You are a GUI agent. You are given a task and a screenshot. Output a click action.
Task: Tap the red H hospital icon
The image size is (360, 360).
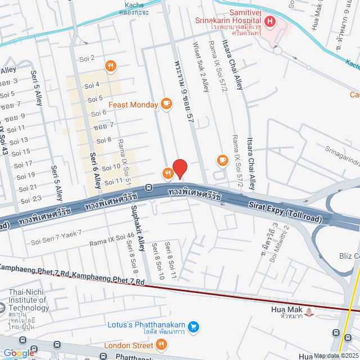point(270,22)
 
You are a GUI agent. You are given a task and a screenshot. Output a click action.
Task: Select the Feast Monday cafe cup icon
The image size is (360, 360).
point(166,103)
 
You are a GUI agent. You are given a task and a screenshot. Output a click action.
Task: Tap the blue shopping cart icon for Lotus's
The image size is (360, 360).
point(193,326)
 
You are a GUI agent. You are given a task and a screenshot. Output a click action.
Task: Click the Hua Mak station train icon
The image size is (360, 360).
point(310,310)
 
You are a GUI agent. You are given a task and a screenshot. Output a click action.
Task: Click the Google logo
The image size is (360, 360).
point(19,353)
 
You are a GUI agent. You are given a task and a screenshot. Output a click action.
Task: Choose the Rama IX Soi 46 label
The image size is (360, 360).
point(111,240)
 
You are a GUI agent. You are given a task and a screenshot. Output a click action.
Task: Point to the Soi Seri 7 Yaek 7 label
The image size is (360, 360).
point(56,237)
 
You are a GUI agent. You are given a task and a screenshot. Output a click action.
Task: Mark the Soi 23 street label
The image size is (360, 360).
point(31,200)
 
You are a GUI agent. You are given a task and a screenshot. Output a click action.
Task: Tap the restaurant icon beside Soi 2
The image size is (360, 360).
point(111,66)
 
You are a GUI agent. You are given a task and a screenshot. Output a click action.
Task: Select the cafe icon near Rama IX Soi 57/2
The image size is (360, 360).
point(222,161)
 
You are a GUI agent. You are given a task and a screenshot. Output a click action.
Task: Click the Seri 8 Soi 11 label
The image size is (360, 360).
point(170,259)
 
